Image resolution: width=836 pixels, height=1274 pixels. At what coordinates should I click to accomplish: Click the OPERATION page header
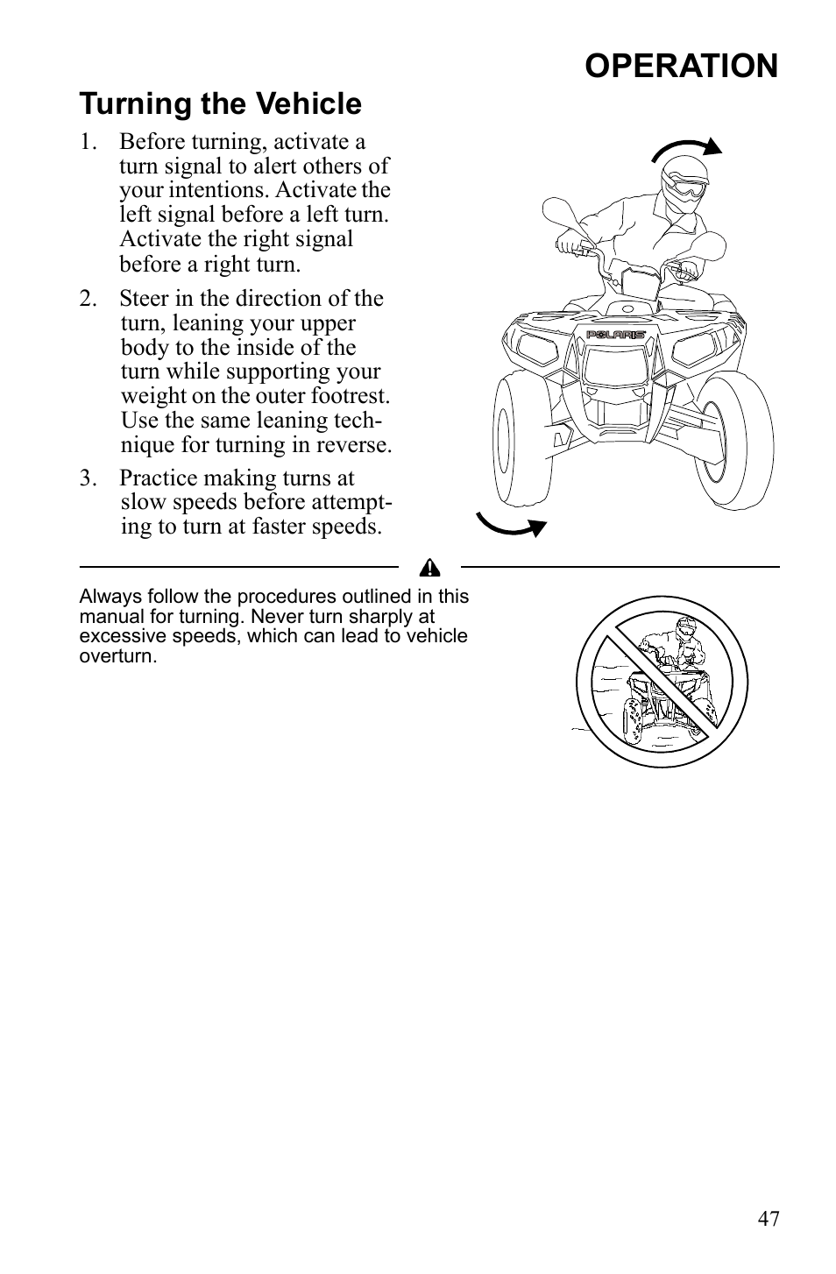681,66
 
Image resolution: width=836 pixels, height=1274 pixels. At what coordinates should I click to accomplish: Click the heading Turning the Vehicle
220,104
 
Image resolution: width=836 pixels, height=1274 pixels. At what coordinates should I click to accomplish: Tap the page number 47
769,1218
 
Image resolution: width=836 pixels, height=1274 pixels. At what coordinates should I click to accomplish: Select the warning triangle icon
429,569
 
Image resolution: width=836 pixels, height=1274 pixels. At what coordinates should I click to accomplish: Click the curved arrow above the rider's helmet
688,149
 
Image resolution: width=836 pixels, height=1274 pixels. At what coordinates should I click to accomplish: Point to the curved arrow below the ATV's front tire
511,524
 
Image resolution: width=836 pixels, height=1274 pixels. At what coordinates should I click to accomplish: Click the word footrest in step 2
353,396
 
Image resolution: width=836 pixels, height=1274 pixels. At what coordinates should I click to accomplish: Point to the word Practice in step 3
159,478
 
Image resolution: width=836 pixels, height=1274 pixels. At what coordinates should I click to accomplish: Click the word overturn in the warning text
118,655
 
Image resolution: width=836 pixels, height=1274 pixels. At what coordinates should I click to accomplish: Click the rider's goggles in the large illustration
686,187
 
